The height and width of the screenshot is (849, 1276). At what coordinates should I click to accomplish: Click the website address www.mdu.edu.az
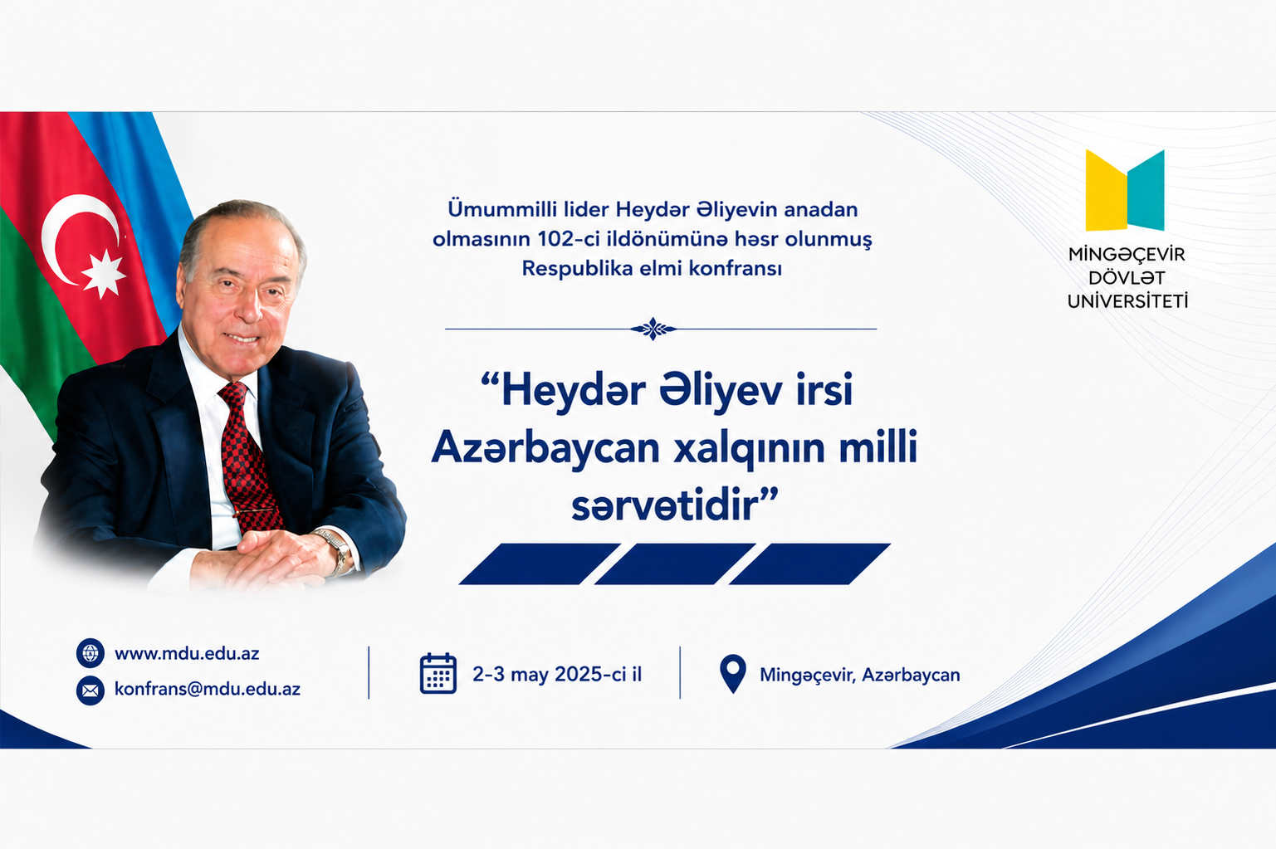[187, 653]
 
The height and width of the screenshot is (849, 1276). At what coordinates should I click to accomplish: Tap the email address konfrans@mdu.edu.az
[208, 689]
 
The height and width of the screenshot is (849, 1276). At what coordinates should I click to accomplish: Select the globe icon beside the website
[90, 653]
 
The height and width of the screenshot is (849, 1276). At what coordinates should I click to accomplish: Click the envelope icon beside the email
[90, 690]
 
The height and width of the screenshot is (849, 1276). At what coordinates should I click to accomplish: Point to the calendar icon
[438, 673]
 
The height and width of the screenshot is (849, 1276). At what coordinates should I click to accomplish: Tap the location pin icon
[733, 672]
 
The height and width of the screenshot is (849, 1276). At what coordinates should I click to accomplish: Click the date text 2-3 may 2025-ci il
[557, 674]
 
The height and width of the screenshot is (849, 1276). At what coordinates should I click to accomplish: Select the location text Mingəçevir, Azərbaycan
[860, 675]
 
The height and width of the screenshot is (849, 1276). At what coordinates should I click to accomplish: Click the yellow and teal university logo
[1124, 191]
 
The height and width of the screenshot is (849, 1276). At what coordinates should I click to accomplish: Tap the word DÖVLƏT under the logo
[1127, 278]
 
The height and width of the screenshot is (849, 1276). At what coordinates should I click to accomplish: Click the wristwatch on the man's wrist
[336, 549]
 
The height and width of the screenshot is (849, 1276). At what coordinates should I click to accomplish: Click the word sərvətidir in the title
[667, 506]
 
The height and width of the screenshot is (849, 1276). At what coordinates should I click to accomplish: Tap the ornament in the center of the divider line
[653, 329]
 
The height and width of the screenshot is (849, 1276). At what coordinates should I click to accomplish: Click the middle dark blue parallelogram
[675, 564]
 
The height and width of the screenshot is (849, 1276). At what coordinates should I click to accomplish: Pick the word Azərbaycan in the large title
[545, 448]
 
